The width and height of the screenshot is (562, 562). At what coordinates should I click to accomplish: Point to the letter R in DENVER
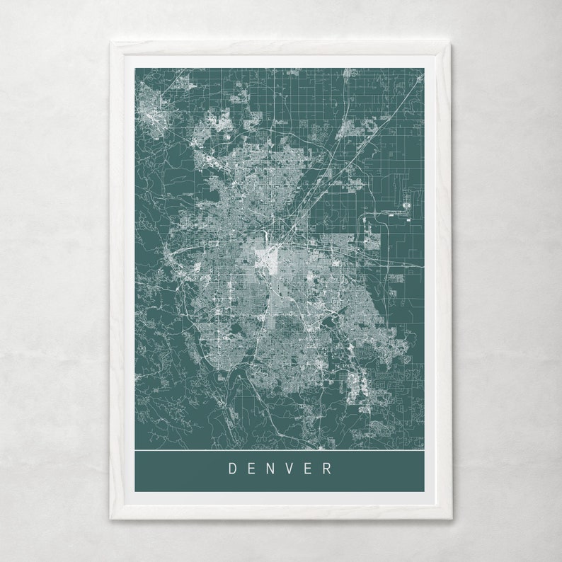coord(328,468)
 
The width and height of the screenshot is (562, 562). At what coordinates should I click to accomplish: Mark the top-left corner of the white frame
coord(111,43)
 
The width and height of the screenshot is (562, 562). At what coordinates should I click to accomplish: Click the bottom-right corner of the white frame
coord(451,518)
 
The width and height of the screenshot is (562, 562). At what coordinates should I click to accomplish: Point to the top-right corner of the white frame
coord(451,43)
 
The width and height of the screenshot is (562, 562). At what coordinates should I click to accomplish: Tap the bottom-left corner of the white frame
coord(111,518)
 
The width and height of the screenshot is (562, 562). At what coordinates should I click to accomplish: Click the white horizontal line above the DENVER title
coord(280,450)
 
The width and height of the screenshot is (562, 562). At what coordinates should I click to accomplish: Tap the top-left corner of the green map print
coord(135,69)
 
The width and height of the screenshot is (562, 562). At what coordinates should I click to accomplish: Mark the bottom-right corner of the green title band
coord(424,491)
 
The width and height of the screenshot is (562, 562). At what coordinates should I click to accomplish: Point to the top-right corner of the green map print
coord(424,69)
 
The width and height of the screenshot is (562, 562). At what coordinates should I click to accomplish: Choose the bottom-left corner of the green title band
coord(135,491)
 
